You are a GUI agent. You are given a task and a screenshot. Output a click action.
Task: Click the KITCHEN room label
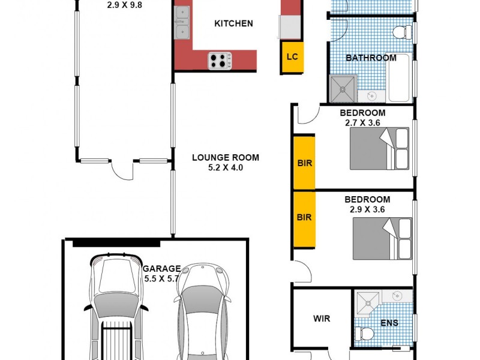233,24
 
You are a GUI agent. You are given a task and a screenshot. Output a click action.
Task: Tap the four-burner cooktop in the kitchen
220,60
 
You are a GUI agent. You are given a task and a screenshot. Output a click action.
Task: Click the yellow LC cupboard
292,57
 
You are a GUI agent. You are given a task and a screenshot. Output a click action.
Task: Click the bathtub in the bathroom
400,78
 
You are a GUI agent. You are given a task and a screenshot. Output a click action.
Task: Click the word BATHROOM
371,58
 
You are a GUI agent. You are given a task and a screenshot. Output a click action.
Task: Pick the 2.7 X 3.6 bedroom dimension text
362,122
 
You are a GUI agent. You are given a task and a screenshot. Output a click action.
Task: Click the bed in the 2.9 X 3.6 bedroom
382,238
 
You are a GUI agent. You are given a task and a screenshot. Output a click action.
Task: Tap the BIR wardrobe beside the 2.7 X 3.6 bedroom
304,163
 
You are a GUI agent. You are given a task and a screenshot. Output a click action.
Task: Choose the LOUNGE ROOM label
226,158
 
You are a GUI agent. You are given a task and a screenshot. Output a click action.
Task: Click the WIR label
322,319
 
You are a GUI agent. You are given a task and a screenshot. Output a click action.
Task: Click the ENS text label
389,323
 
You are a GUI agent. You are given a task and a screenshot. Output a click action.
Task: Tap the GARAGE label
161,268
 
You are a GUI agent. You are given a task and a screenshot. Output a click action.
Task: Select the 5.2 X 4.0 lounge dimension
226,168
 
